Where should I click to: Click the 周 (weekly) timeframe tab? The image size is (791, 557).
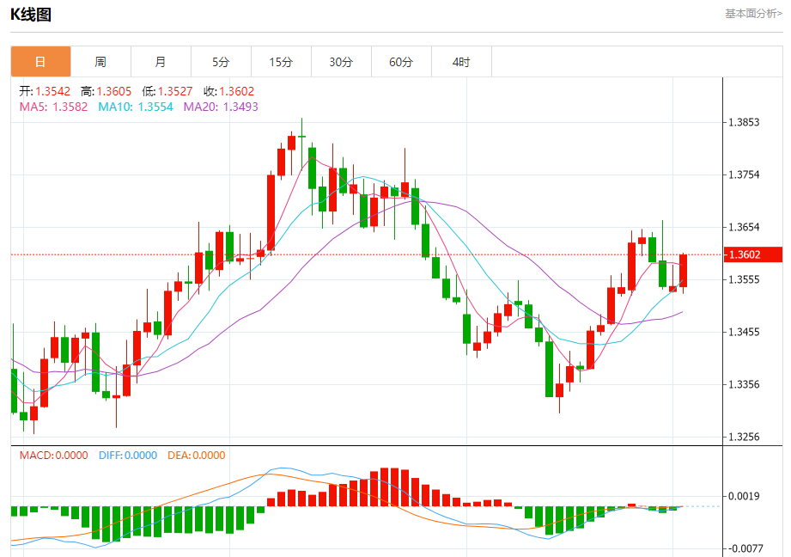pos(100,62)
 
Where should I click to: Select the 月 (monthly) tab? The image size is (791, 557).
pos(161,62)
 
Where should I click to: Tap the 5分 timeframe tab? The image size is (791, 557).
pos(221,62)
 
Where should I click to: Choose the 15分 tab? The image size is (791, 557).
pos(281,62)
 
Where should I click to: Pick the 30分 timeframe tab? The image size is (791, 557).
pos(341,62)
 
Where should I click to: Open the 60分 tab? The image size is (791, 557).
pos(401,62)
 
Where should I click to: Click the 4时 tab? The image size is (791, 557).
pos(461,62)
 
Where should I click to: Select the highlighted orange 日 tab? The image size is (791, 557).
pos(40,62)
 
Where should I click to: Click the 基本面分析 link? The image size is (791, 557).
pos(753,14)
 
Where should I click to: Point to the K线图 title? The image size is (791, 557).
pos(31,14)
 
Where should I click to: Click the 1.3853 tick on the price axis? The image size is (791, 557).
pos(744,122)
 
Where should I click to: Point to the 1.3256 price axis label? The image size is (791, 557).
pos(744,437)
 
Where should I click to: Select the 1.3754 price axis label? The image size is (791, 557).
pos(744,174)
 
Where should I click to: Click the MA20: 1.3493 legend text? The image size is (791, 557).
pos(221,107)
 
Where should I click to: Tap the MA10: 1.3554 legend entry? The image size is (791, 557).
pos(136,107)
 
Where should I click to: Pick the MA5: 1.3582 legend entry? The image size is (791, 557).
pos(53,107)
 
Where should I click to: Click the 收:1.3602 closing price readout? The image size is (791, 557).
pos(228,91)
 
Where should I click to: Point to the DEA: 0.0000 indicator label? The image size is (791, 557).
pos(197,456)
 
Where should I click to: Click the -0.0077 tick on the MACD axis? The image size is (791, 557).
pos(744,548)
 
